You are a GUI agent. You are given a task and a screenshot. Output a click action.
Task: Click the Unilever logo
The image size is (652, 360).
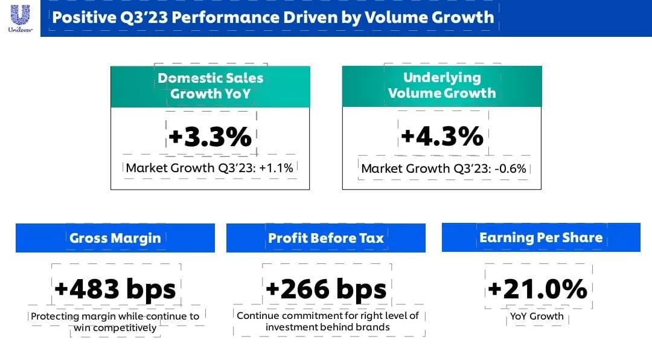[20, 18]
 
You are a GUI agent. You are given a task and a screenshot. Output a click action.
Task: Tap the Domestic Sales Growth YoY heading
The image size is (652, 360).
[210, 86]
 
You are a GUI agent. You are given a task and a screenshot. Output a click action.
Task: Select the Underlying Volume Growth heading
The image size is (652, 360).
[442, 85]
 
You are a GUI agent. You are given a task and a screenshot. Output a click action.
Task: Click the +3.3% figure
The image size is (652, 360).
[210, 137]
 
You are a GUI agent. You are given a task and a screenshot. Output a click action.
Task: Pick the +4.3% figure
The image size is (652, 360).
[442, 136]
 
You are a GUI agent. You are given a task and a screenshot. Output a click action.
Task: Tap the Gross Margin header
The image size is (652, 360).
[115, 238]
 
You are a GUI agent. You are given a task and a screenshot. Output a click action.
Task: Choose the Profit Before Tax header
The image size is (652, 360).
[326, 238]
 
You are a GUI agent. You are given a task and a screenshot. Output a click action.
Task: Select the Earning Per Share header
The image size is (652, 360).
[541, 237]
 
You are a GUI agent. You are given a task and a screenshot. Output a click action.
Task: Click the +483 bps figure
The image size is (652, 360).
[115, 289]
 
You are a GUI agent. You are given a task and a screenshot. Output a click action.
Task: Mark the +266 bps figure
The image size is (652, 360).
[326, 289]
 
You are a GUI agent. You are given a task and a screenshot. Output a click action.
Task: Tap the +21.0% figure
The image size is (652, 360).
[537, 289]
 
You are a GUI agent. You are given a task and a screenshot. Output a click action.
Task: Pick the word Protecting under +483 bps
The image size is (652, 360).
[55, 317]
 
